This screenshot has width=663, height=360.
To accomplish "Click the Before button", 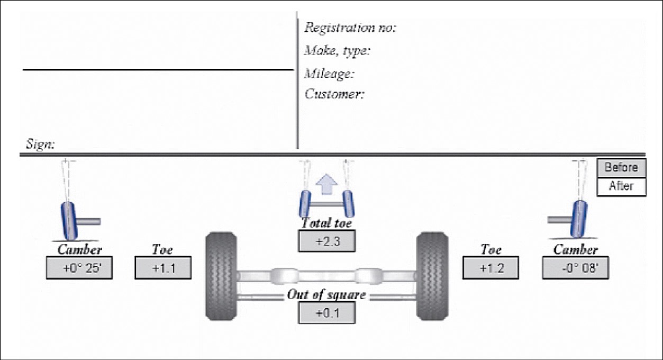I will point(622,168).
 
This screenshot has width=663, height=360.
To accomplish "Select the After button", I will point(622,186).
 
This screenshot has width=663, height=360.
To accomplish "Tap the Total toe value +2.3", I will point(326,241).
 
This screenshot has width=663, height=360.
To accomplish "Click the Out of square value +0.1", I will point(326,313).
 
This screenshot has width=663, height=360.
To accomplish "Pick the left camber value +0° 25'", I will point(79,268).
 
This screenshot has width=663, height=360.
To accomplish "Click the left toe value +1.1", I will point(163,268).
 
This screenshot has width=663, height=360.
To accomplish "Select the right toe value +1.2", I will point(491,268).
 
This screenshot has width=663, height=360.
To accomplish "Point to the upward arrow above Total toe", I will point(326,187).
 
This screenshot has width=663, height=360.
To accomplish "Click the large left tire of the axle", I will point(221,276).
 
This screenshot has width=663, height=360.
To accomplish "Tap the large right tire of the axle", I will point(432,276).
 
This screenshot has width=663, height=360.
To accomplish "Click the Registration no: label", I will point(350,28).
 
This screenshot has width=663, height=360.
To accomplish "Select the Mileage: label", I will point(329,73).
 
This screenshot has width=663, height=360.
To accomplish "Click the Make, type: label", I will point(337,51).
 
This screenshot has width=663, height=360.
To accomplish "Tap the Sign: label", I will point(40,143).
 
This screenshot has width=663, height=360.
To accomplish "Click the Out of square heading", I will point(326,295).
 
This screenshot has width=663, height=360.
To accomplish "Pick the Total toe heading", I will point(326,223).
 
